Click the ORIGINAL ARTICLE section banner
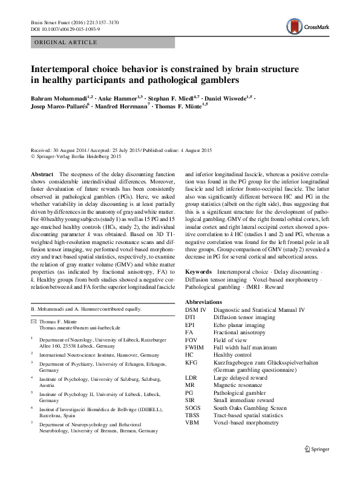(63, 42)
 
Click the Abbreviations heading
(203, 301)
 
